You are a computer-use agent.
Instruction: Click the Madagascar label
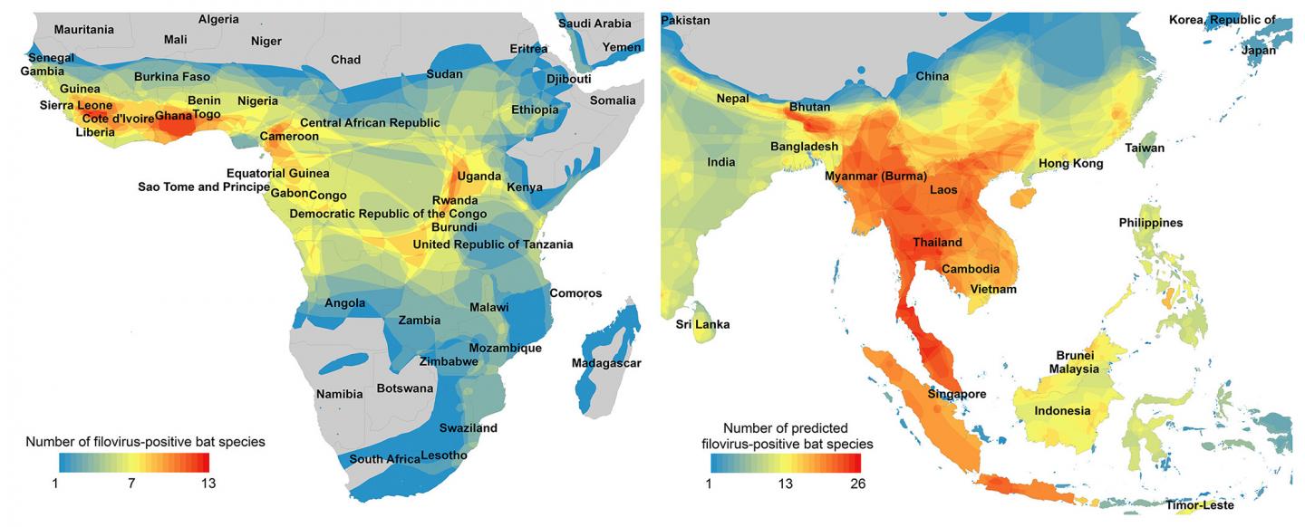(605, 363)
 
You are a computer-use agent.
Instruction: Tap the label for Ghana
(173, 116)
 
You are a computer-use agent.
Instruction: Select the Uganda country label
(479, 176)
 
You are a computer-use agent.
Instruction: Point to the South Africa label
(384, 459)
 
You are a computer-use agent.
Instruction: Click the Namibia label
(339, 394)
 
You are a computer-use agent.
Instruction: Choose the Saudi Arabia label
(594, 24)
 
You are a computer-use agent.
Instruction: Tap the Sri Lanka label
(702, 324)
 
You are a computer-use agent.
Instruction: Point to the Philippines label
(1150, 223)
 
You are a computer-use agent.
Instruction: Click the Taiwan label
(1145, 148)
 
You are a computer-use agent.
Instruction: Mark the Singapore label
(956, 394)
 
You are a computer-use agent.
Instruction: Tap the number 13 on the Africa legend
(208, 483)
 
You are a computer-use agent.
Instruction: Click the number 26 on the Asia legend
(857, 484)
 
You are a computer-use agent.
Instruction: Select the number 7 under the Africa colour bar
(131, 483)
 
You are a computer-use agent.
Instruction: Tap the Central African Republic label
(370, 123)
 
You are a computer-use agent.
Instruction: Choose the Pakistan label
(686, 20)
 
